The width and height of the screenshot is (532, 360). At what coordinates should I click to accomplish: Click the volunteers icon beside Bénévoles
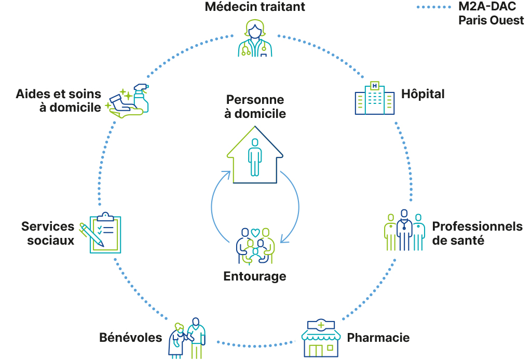tap(187, 338)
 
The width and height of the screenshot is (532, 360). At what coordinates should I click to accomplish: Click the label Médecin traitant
tap(255, 7)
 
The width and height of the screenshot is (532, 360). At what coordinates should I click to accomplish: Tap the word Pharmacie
tap(378, 338)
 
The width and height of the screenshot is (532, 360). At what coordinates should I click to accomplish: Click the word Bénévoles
tap(130, 338)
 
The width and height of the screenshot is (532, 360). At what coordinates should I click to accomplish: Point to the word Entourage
tap(255, 276)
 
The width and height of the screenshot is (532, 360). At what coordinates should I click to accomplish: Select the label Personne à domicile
tap(255, 106)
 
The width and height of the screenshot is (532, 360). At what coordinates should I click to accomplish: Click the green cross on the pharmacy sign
tap(321, 325)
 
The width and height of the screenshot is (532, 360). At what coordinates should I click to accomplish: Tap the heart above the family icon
tap(255, 232)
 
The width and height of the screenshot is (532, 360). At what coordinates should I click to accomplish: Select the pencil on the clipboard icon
tap(91, 235)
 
